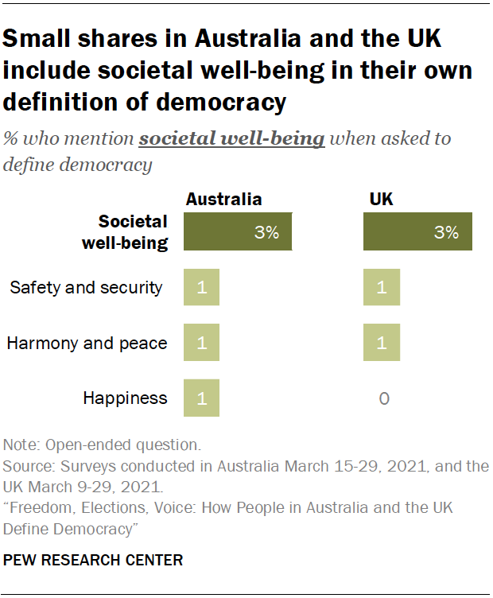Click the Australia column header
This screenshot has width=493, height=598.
point(223,200)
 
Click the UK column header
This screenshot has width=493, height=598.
point(381,200)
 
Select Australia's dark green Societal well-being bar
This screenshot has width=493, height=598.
point(238,233)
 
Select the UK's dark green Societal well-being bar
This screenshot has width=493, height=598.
point(417,233)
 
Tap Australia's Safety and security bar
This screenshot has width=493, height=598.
point(201,288)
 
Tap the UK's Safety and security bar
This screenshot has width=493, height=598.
point(382,288)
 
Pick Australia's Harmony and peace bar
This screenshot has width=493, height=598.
point(201,343)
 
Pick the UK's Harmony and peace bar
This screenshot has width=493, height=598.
point(382,343)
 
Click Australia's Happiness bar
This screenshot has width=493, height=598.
point(201,398)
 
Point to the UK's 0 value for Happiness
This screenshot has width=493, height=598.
point(383,398)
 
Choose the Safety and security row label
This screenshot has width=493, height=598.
point(86,288)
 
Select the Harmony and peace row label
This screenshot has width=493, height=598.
point(87,344)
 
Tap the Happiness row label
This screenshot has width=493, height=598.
point(125,398)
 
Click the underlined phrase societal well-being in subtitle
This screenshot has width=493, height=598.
point(231,139)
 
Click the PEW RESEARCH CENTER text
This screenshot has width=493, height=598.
point(93,561)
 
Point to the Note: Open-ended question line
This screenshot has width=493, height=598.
point(103,445)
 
